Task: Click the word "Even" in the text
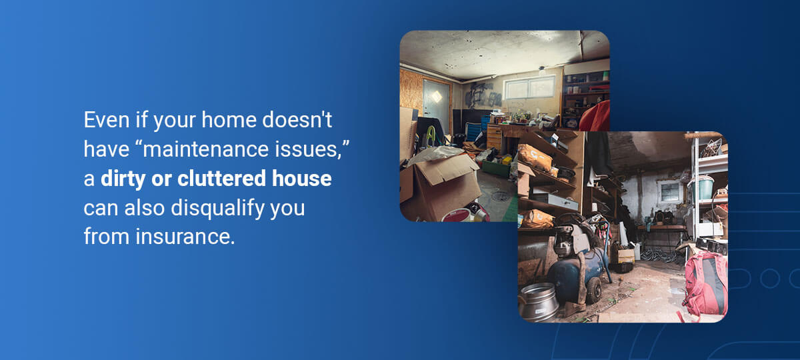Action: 107,119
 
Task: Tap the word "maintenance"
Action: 205,149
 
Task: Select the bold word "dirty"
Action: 123,179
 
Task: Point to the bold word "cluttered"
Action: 222,178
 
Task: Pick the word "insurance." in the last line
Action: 185,237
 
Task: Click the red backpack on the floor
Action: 705,284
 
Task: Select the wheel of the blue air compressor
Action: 593,291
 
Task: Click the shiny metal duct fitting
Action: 538,302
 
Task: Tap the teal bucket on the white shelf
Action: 703,188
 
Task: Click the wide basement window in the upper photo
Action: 529,87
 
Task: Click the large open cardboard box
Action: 442,187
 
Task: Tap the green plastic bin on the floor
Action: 497,168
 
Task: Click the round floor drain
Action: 501,195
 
